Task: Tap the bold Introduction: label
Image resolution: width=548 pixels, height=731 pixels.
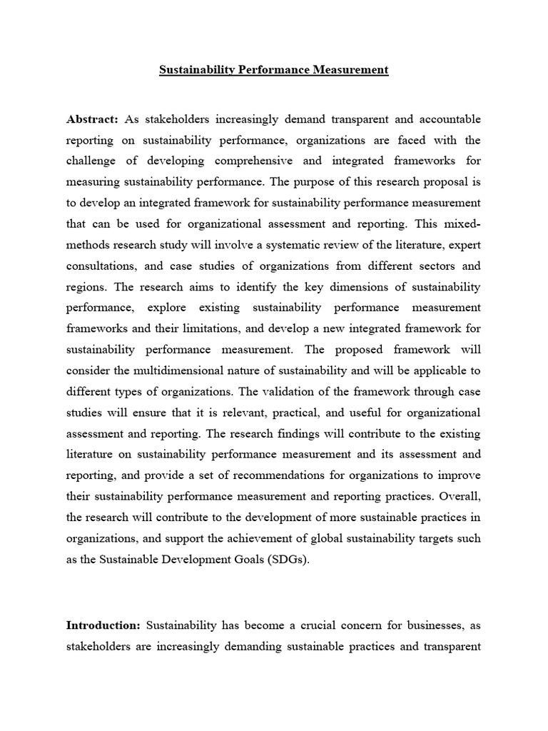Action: tap(103, 625)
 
